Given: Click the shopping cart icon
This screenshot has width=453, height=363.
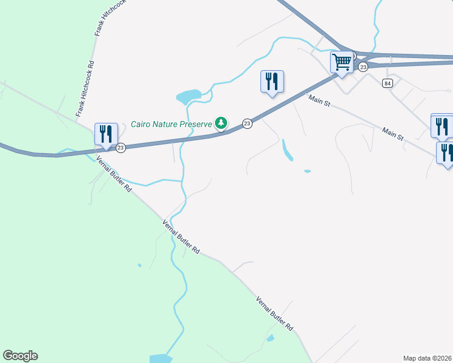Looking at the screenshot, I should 342,62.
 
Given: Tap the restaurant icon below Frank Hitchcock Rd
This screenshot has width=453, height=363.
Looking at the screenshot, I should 106,134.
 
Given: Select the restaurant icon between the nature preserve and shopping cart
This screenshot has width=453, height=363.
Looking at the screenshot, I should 272,81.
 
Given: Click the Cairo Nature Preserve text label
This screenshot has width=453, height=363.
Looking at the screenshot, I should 171,125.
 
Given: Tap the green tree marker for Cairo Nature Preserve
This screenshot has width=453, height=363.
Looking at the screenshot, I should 222,123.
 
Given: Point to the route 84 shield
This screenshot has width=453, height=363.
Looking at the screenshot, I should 388,83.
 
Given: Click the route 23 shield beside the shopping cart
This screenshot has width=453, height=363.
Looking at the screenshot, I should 363,67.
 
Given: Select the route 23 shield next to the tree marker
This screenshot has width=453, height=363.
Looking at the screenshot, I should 247,123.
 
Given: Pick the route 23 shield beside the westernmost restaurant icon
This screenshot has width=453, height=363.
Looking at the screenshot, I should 121,148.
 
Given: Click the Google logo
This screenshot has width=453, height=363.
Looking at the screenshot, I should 20,356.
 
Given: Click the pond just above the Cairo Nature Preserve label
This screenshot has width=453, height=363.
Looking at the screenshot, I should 188,96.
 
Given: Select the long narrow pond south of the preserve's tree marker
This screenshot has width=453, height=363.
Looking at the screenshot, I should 286,151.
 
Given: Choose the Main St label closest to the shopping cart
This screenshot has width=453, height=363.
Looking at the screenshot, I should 319,100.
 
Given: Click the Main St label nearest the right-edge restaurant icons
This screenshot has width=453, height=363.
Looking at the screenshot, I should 392,134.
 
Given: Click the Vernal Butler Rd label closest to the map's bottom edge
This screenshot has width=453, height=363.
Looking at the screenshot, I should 274,313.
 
